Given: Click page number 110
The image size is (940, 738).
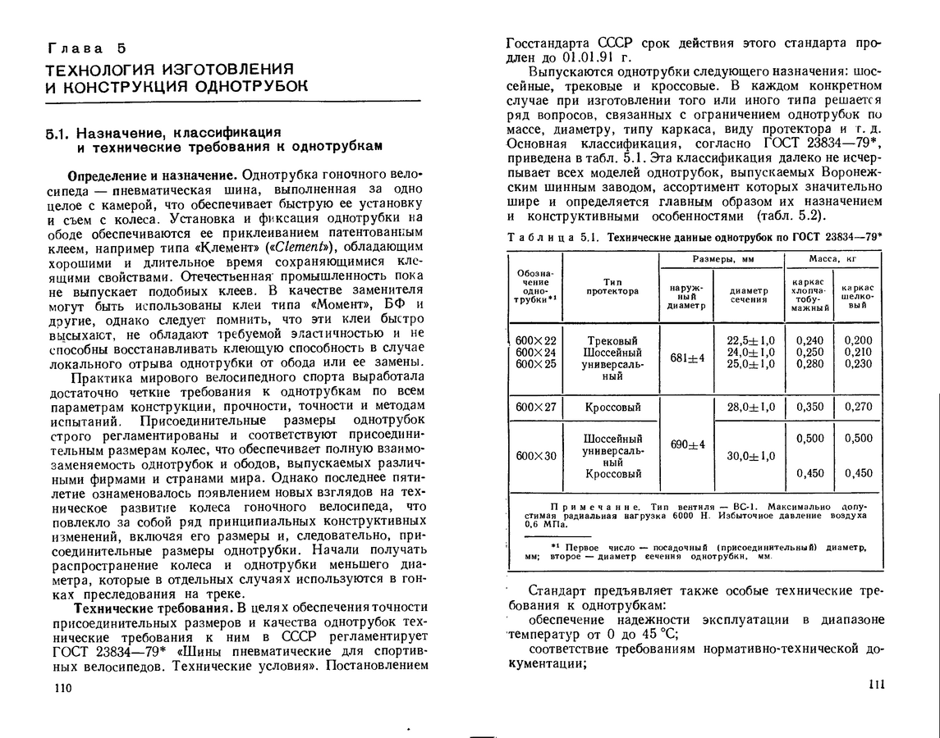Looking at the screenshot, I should pos(62,688).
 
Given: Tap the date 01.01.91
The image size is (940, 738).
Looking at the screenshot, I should pos(591,58).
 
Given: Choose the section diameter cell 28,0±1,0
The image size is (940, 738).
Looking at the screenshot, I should pos(750,407).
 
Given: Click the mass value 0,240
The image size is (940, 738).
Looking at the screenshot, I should pos(809,340).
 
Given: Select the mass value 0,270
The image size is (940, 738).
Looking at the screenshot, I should pos(859,407).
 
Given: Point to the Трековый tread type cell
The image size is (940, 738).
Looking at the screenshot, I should pos(612,340).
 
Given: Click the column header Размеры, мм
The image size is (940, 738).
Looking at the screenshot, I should pos(722,259).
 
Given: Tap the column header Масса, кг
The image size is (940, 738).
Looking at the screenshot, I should pos(834,259).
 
